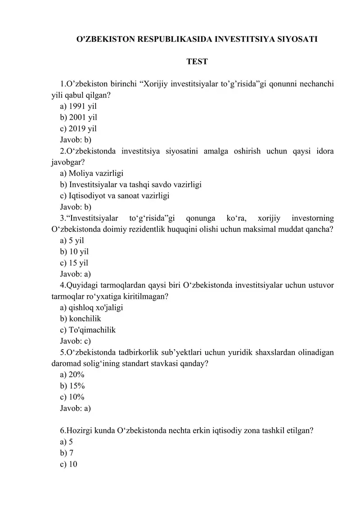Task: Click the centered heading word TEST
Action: tap(197, 62)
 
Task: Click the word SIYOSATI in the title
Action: tap(295, 39)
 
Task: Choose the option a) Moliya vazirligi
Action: tap(92, 173)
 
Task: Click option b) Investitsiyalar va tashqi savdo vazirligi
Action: tap(130, 185)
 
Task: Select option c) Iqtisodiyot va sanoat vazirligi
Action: tap(115, 196)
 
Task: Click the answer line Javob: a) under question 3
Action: tap(76, 274)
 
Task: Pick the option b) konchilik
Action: tap(81, 319)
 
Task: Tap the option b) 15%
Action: tap(72, 386)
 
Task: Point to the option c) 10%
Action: tap(72, 397)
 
